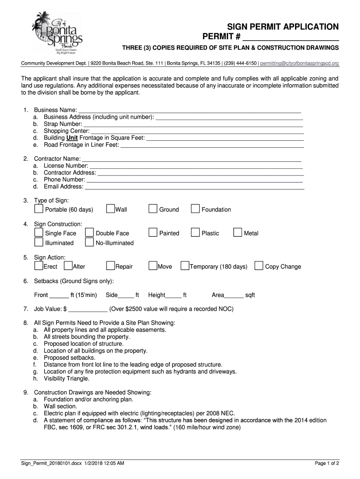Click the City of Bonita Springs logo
[x=57, y=33]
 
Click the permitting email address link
[x=300, y=63]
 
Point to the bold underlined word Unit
[x=72, y=138]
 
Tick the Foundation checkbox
[x=195, y=209]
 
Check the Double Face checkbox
[x=90, y=232]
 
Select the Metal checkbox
[x=238, y=232]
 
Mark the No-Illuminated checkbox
[x=90, y=242]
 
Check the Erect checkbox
[x=38, y=266]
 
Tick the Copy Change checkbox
[x=259, y=266]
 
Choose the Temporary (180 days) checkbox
[x=185, y=266]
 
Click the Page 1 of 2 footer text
[x=327, y=464]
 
